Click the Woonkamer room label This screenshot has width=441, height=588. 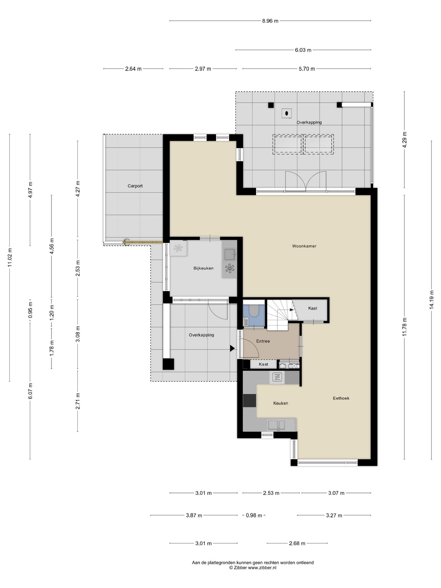(304, 246)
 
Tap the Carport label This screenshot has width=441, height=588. (135, 186)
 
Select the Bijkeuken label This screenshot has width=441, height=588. (203, 268)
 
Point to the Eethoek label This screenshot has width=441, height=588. (341, 398)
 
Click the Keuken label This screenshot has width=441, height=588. (281, 403)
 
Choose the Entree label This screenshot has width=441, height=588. (263, 341)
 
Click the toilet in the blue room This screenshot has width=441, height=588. (254, 311)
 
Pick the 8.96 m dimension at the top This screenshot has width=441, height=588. (270, 21)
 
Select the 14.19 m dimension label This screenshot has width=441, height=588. (432, 300)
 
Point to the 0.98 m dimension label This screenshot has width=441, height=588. (254, 515)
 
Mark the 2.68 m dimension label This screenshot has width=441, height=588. (297, 544)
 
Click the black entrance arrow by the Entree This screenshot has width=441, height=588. (232, 348)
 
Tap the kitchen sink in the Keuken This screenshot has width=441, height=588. (277, 425)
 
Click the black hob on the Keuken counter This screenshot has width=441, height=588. (250, 401)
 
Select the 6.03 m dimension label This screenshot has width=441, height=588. (303, 50)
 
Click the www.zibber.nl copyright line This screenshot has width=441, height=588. (253, 567)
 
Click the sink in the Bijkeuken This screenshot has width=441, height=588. (229, 254)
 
